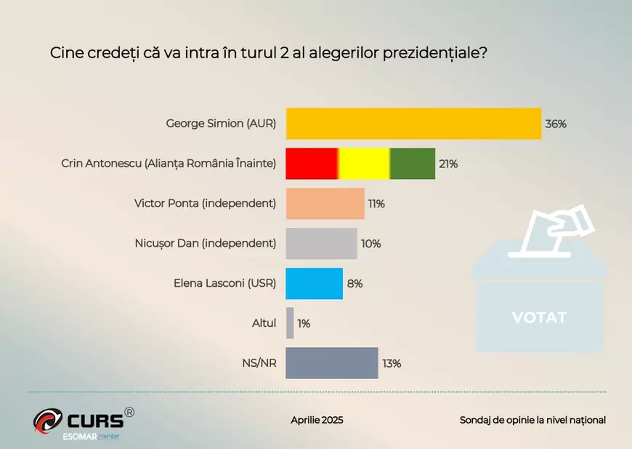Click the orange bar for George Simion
[413, 124]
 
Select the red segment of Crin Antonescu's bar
[312, 164]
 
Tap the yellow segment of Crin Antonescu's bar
[364, 164]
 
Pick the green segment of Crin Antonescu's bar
[413, 164]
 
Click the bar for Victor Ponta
[325, 204]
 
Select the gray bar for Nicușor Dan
[321, 244]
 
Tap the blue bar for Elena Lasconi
[314, 284]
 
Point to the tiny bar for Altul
[290, 323]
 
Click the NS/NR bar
[332, 363]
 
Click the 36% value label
[556, 124]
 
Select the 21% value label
[448, 164]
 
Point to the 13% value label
[392, 363]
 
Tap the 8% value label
[355, 284]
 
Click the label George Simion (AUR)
[221, 124]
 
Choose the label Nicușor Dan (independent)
[206, 244]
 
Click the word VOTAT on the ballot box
[538, 318]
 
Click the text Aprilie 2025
[317, 420]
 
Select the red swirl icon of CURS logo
[48, 421]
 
